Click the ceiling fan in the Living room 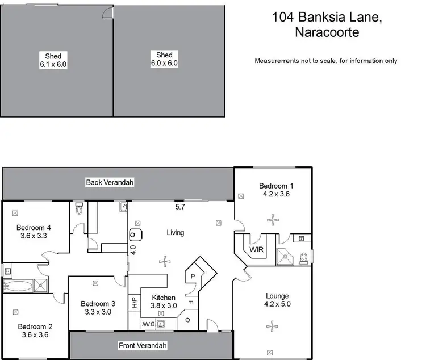click(165, 262)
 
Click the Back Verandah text click(110, 182)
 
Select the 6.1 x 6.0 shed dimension click(53, 64)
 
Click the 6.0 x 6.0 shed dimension click(164, 63)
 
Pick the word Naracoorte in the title click(326, 32)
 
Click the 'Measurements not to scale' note click(325, 61)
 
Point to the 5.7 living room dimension click(179, 207)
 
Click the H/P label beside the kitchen click(133, 301)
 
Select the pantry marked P click(193, 277)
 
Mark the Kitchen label click(164, 298)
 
